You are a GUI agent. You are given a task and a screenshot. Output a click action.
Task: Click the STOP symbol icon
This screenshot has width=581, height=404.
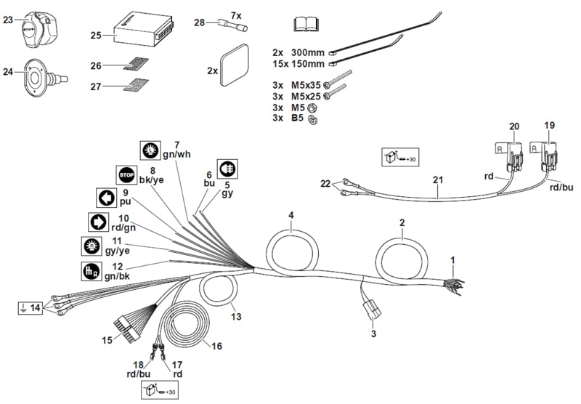[126, 175]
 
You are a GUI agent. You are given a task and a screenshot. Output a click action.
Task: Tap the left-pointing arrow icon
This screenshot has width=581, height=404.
[106, 198]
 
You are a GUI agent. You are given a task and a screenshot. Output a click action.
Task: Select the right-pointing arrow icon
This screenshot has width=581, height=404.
[99, 222]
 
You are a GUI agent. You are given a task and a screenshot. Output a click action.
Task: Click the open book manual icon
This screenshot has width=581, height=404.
[306, 24]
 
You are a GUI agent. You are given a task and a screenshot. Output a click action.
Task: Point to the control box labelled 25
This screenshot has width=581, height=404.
[143, 31]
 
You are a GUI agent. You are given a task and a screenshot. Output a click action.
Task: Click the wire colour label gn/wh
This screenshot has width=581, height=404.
[176, 154]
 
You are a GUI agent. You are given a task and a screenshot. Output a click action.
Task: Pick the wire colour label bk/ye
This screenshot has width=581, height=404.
[151, 179]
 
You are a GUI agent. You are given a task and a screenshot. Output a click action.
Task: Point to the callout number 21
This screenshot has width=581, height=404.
[438, 179]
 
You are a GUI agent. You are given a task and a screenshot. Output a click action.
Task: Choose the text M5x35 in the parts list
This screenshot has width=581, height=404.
[306, 85]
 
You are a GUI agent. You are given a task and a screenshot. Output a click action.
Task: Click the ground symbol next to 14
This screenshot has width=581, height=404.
[23, 308]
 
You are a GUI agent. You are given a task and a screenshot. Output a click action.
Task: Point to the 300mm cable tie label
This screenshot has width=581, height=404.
[307, 52]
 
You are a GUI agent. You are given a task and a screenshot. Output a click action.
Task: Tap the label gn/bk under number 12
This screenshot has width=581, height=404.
[117, 277]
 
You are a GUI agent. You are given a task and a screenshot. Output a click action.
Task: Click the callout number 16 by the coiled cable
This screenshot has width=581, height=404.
[216, 346]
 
